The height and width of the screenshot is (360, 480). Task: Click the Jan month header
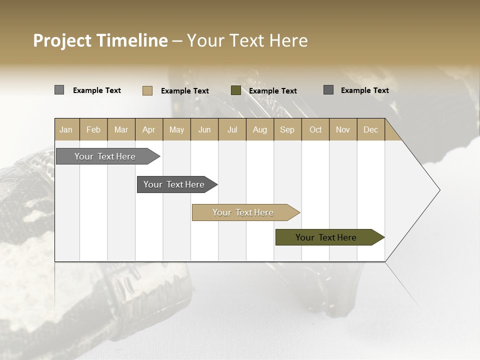66,129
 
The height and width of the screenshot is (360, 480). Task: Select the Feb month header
93,129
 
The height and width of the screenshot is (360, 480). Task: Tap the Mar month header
121,129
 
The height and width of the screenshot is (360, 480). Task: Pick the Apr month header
149,129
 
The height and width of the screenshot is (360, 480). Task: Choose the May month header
176,129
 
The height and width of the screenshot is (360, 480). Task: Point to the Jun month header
204,129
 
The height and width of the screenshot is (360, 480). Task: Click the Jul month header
232,129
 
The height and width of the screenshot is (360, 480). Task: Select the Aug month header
260,129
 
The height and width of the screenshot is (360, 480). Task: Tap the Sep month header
287,129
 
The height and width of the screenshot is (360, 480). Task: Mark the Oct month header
315,129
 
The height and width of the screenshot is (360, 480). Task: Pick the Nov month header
343,129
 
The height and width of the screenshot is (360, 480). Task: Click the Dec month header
371,129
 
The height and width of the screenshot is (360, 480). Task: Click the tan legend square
147,90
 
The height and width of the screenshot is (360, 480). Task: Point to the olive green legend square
236,90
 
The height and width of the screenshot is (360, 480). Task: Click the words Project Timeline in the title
100,40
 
